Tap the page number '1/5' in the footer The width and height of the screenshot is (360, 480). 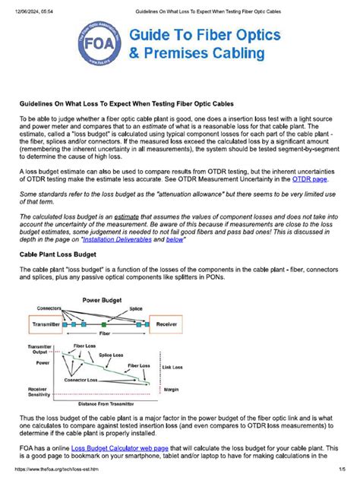[342, 473]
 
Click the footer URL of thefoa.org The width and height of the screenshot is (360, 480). [58, 473]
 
